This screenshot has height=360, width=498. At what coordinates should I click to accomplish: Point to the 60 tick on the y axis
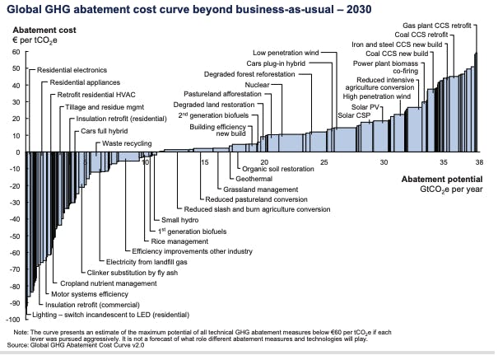click(x=15, y=52)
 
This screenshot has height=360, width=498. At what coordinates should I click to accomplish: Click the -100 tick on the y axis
click(x=12, y=319)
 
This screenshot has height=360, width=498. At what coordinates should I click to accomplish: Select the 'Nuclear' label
click(x=257, y=84)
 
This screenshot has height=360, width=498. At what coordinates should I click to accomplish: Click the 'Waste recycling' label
click(x=128, y=143)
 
